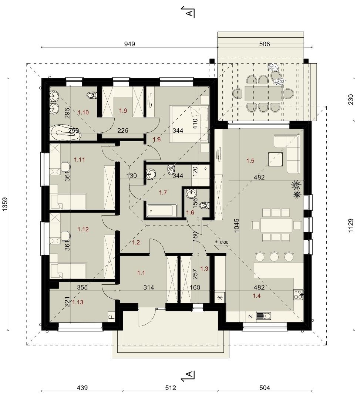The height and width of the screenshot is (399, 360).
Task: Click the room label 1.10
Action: click(83, 112)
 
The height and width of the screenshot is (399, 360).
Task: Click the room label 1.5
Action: click(250, 160)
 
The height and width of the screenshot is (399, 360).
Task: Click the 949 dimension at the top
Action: click(129, 44)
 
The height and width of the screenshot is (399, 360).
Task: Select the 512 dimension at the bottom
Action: click(170, 388)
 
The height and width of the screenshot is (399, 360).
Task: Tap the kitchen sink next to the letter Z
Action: click(264, 316)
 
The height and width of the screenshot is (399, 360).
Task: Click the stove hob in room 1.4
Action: click(298, 295)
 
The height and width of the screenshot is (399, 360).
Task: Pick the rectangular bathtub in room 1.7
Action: click(162, 211)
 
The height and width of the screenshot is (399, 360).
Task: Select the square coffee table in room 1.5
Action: click(276, 159)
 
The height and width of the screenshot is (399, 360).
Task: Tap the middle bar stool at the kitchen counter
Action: click(274, 257)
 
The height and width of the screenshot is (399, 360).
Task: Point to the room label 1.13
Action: click(78, 302)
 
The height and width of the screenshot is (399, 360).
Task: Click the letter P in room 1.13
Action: click(111, 317)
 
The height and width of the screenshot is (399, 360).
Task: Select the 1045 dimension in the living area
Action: click(237, 225)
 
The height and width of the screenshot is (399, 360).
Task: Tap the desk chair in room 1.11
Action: click(66, 166)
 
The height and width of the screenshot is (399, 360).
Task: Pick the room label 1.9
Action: click(123, 111)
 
